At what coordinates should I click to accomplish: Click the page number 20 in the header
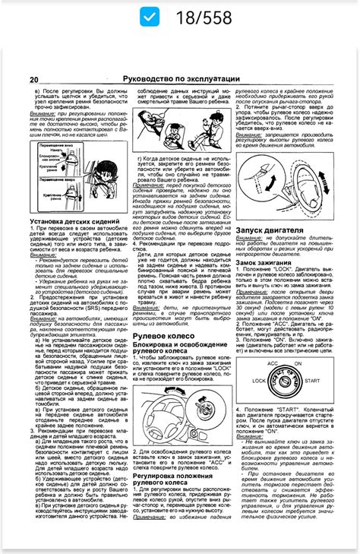pos(34,80)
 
